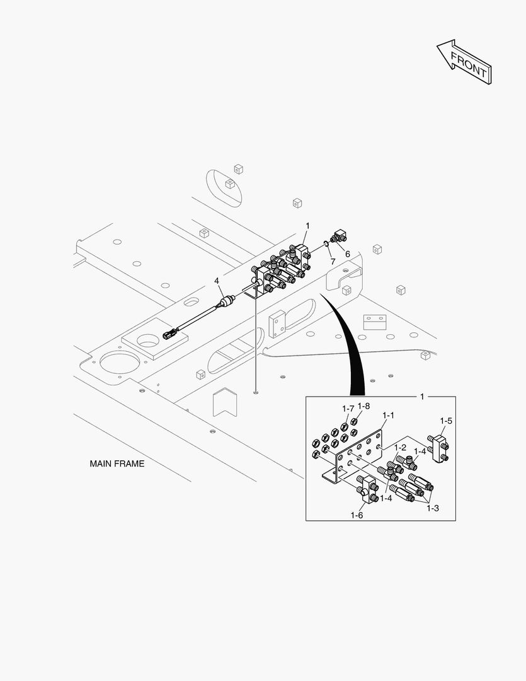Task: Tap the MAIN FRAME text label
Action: [x=117, y=464]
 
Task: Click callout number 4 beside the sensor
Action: [x=216, y=281]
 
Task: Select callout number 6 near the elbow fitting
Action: [x=347, y=253]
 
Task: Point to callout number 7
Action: [x=333, y=260]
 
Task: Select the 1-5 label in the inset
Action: [x=446, y=421]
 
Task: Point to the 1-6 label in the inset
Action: [x=357, y=515]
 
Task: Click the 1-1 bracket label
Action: [x=389, y=416]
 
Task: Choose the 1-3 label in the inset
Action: [x=432, y=508]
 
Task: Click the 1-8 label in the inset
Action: [x=363, y=406]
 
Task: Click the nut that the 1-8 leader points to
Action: [x=355, y=421]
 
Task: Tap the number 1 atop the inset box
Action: [x=422, y=397]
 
